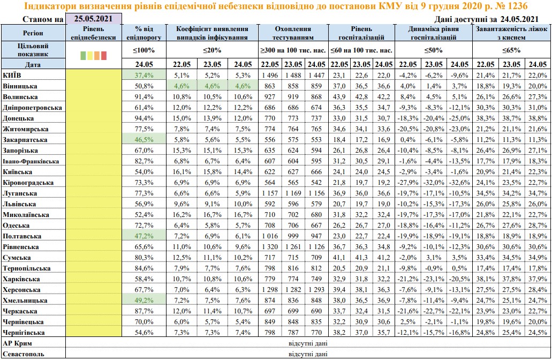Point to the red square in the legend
point(104,55)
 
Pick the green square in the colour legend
point(82,55)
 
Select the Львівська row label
point(20,204)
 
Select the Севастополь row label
point(24,354)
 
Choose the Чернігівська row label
point(23,332)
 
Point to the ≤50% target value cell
point(434,50)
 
